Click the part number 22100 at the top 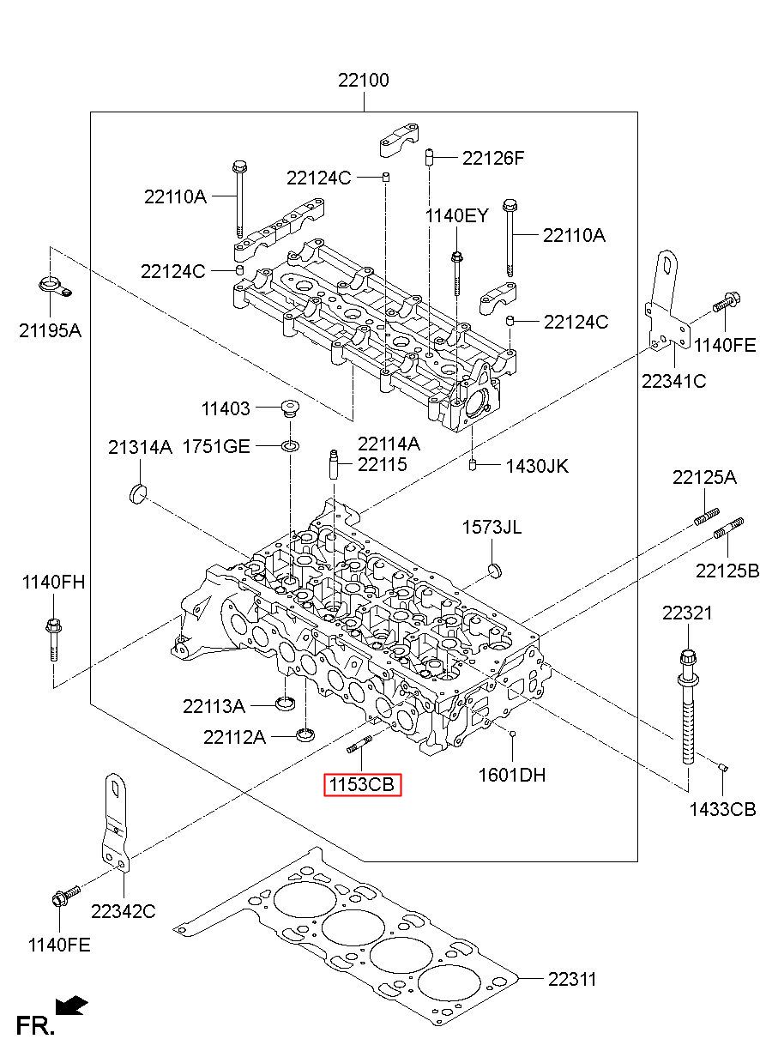(x=363, y=81)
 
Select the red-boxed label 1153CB (x=362, y=785)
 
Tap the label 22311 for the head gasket (x=572, y=979)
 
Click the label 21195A (x=50, y=330)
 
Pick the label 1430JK (x=537, y=466)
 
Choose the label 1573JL (x=492, y=527)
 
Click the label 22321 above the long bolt (x=687, y=613)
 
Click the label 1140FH (x=54, y=582)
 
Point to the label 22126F (x=493, y=159)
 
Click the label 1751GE (x=216, y=447)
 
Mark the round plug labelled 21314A (x=137, y=492)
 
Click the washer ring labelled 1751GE (x=290, y=446)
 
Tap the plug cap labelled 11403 (x=290, y=408)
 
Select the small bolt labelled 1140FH (x=53, y=640)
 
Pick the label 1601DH (x=512, y=775)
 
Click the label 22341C (x=673, y=381)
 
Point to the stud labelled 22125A (x=707, y=516)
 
